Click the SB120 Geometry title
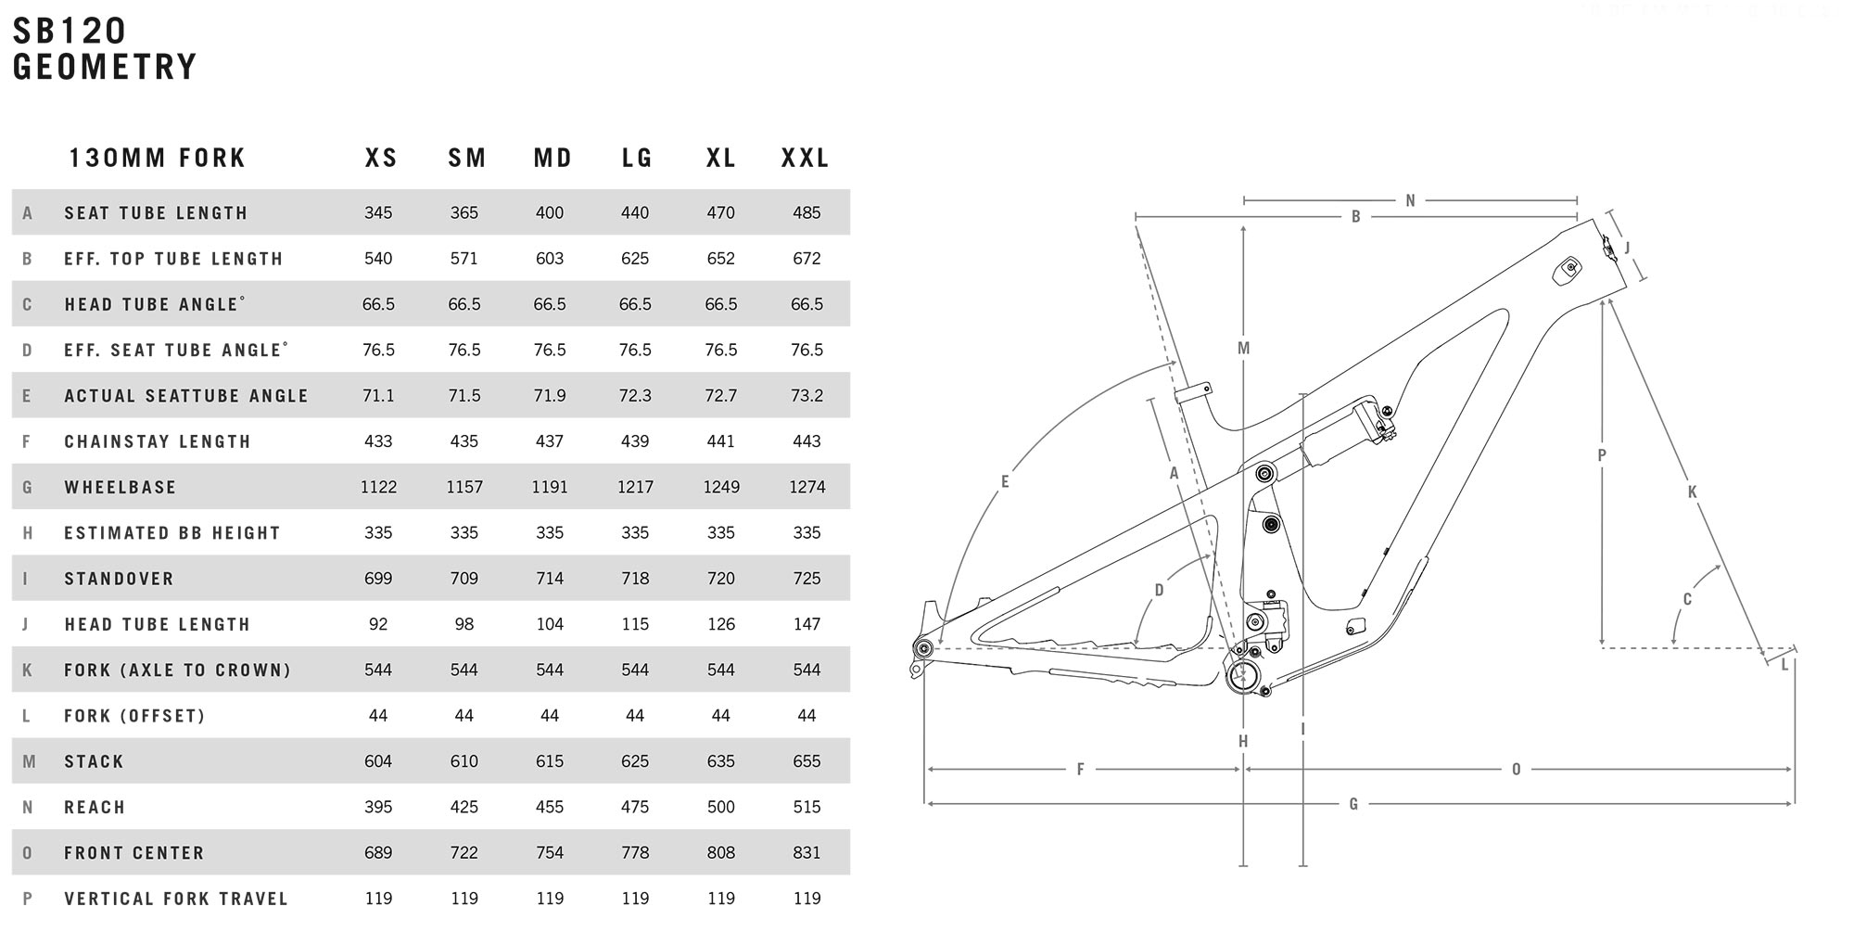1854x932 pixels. coord(105,49)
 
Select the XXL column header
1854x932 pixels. coord(805,158)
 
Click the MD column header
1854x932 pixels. coord(552,158)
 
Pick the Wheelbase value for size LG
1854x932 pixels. coord(635,487)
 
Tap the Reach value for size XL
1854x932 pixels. coord(720,807)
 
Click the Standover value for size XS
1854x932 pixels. coord(378,579)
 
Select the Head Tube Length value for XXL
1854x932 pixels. coord(806,624)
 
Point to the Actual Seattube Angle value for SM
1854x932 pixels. coord(463,396)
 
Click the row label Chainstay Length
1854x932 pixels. coord(158,441)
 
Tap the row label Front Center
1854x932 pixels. coord(134,853)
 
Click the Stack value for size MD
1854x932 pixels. coord(550,761)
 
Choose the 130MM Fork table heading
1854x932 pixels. coord(158,158)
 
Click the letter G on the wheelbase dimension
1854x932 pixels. coord(1353,804)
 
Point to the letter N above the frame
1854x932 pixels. coord(1410,200)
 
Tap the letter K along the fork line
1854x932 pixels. coord(1692,492)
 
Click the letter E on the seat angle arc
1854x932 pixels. coord(1005,481)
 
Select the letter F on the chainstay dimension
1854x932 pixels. coord(1080,769)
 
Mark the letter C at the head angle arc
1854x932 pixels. coord(1687,599)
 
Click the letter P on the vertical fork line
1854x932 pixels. coord(1602,455)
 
